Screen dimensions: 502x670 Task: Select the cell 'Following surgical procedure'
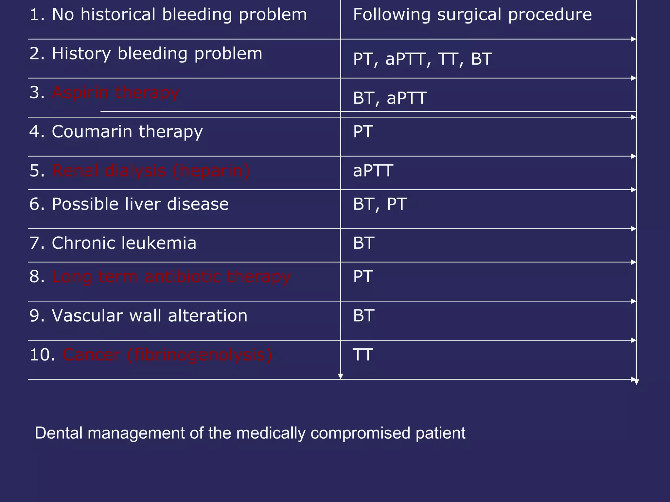click(x=472, y=15)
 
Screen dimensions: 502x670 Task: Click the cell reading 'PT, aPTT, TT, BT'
click(x=422, y=59)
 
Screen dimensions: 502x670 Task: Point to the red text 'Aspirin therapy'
click(x=115, y=93)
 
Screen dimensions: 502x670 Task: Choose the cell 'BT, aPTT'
click(x=390, y=98)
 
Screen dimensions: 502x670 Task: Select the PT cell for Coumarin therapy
click(x=363, y=132)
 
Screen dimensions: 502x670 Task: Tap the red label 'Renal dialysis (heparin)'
click(x=150, y=171)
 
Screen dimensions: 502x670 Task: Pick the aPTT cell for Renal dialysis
click(x=373, y=171)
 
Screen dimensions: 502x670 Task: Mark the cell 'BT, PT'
click(x=380, y=205)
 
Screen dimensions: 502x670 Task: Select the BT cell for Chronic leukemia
click(x=363, y=243)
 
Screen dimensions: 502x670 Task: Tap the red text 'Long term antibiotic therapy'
click(x=171, y=277)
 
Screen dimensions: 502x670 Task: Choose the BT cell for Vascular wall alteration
click(x=363, y=316)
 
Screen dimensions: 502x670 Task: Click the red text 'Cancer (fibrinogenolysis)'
click(x=167, y=355)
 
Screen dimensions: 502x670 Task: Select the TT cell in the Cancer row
click(x=363, y=355)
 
